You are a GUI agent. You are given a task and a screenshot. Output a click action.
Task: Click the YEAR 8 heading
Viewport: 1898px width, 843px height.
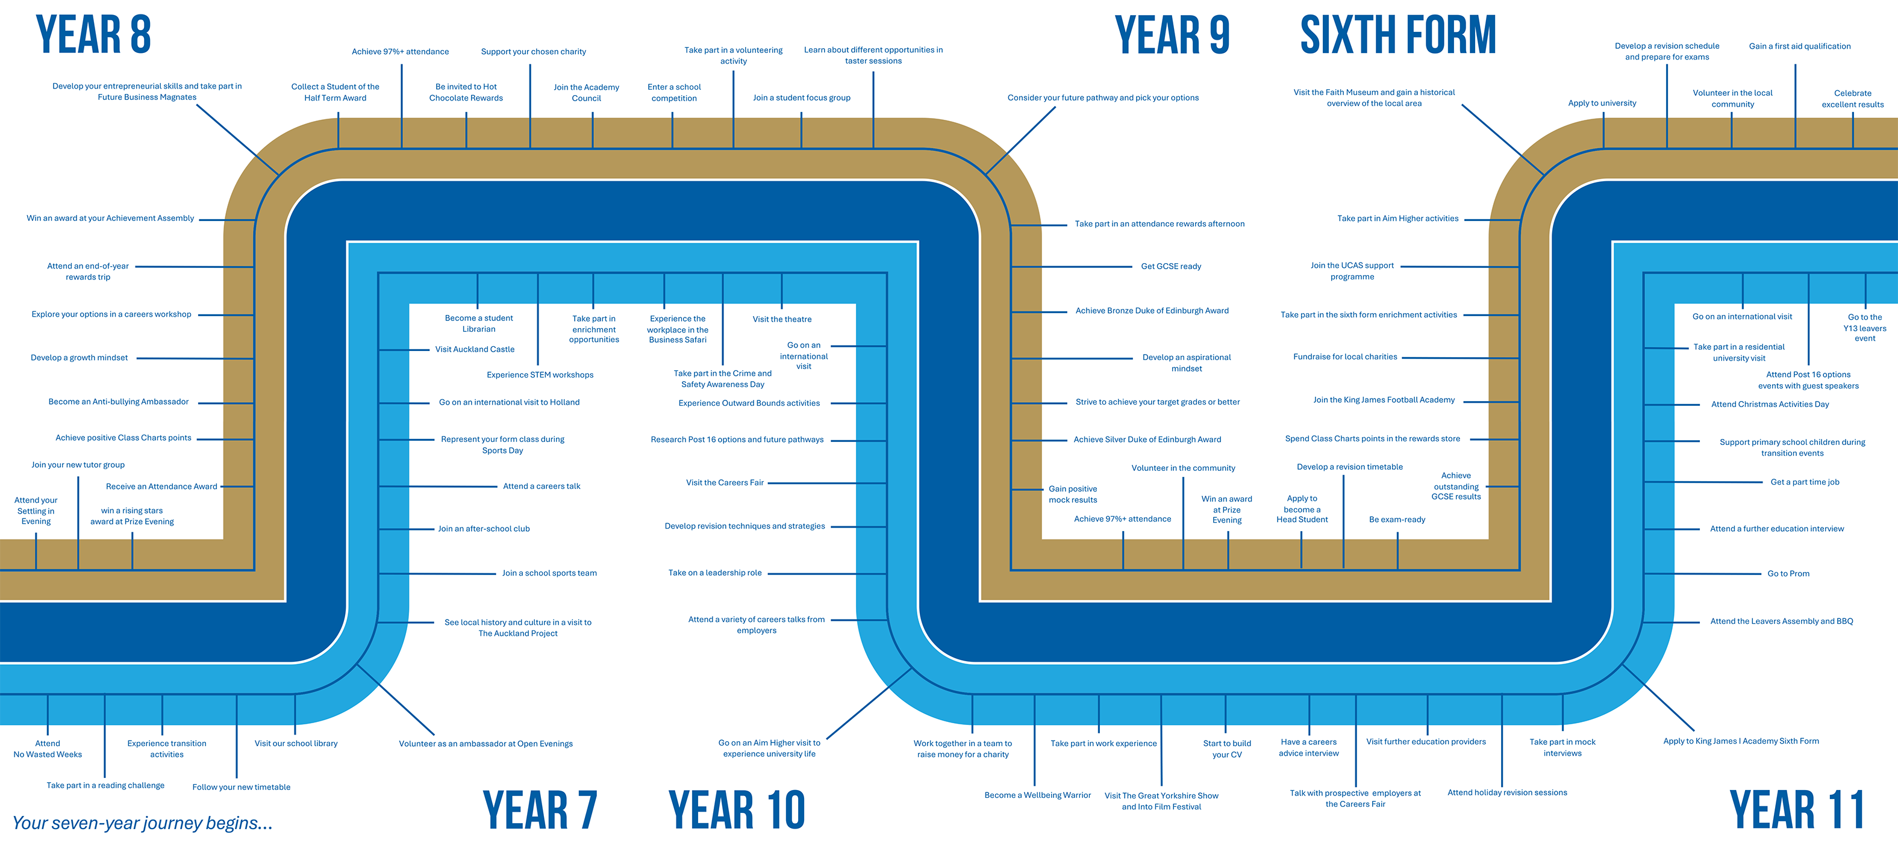click(93, 34)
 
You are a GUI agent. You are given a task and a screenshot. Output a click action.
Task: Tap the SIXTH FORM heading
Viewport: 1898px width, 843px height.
click(1397, 34)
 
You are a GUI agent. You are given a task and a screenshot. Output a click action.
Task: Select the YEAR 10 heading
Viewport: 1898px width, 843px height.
click(736, 809)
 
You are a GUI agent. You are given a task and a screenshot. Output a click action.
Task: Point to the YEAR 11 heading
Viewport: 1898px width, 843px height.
click(1796, 809)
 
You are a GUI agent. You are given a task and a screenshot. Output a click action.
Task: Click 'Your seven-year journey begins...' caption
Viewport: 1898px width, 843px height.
click(142, 823)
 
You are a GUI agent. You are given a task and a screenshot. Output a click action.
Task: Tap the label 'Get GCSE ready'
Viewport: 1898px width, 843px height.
click(1171, 267)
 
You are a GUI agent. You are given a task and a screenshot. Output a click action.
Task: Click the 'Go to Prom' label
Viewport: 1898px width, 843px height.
click(1788, 573)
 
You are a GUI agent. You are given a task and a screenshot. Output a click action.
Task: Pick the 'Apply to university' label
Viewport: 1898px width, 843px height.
click(1602, 103)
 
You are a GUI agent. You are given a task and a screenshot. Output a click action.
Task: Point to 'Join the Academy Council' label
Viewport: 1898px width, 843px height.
click(587, 93)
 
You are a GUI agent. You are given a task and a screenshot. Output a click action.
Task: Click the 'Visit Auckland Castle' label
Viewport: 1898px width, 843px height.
click(475, 350)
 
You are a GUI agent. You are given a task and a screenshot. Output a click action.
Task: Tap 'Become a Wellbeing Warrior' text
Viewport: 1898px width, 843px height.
click(1037, 795)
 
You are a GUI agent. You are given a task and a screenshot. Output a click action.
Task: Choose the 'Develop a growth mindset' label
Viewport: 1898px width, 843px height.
click(79, 358)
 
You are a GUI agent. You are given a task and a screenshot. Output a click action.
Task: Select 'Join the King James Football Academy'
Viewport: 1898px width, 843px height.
click(1384, 400)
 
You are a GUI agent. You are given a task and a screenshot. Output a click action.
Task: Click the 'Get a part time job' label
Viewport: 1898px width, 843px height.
click(1805, 482)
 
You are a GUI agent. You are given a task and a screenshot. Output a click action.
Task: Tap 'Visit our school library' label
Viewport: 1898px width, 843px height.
click(296, 744)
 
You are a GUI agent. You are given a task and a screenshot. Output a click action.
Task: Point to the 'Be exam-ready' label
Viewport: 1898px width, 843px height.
click(1397, 520)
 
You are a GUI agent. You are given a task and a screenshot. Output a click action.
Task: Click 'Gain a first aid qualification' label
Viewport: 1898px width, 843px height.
click(1799, 46)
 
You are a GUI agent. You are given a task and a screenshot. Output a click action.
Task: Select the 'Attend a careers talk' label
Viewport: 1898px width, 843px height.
click(542, 487)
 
